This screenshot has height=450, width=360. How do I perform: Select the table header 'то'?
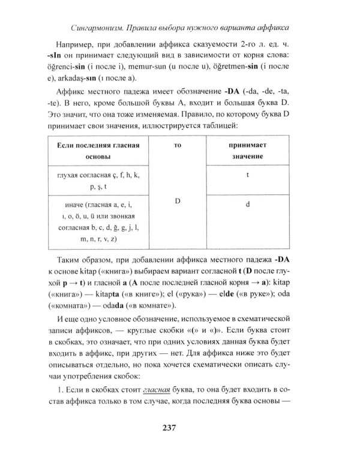pos(178,145)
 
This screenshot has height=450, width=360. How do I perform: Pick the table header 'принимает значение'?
pos(247,151)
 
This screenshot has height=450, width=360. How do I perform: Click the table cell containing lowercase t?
pos(247,175)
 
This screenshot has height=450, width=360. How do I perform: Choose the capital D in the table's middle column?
pos(178,200)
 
